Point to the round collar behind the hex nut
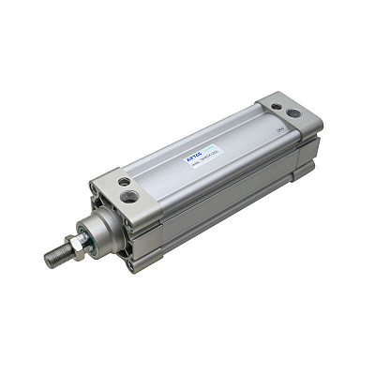(x=97, y=231)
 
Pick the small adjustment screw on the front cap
(x=124, y=180)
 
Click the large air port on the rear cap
(x=293, y=112)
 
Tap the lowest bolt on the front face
(x=132, y=261)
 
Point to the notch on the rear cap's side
(x=309, y=151)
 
